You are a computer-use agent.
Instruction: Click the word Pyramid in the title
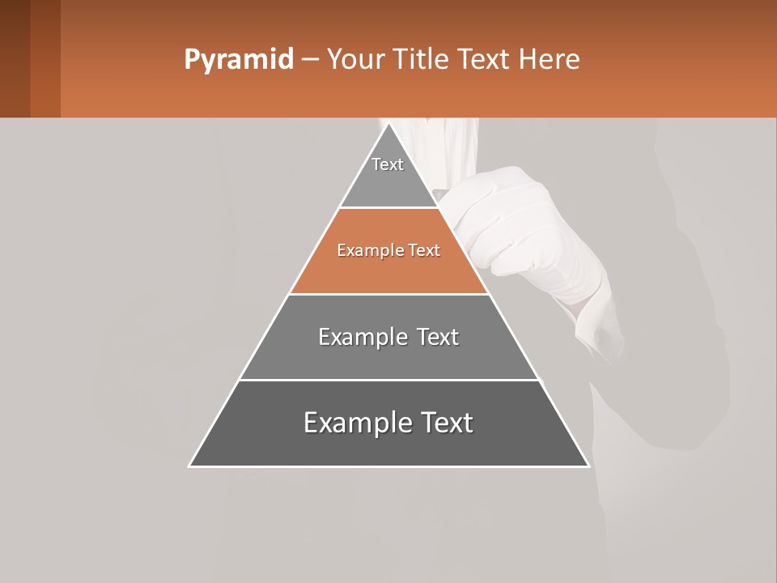point(238,60)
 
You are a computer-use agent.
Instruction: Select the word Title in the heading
point(422,60)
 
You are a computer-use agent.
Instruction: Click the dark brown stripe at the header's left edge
point(15,58)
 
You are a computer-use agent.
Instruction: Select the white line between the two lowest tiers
point(388,380)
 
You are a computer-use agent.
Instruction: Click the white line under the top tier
point(388,208)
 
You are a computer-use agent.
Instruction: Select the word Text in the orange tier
point(424,251)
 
